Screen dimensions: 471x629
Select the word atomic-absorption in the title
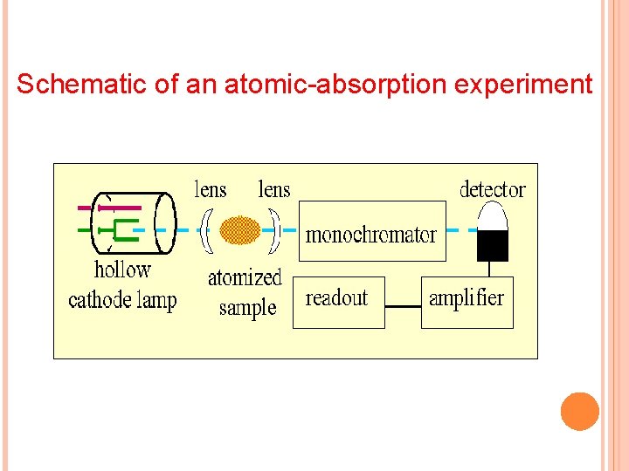click(x=319, y=84)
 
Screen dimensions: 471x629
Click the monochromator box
click(x=372, y=231)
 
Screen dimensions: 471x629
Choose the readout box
click(x=338, y=302)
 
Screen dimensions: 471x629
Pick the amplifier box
click(x=467, y=302)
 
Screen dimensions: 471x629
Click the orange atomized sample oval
click(x=240, y=230)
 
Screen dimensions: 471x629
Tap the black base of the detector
click(x=493, y=246)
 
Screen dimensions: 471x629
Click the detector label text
click(x=493, y=189)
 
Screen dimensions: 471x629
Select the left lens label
click(x=210, y=189)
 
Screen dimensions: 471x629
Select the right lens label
click(x=274, y=189)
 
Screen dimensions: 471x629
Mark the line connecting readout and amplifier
click(x=403, y=307)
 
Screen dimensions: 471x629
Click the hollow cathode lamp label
click(x=122, y=285)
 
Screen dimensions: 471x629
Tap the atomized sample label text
click(x=245, y=292)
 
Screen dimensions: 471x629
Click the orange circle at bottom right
click(x=580, y=412)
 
